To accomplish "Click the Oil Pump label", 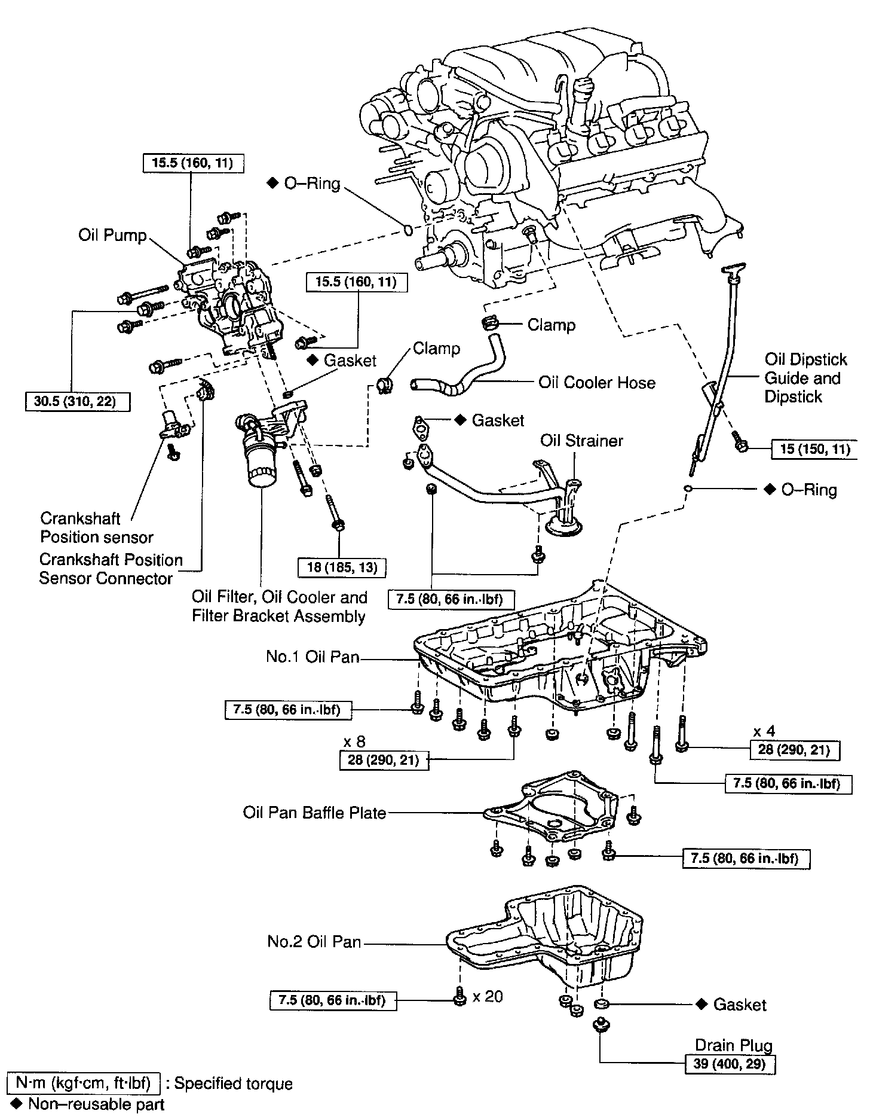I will pyautogui.click(x=112, y=235).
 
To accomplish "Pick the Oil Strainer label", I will pyautogui.click(x=581, y=441).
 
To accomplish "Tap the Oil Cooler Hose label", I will pyautogui.click(x=596, y=383).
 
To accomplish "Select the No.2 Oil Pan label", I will pyautogui.click(x=314, y=942).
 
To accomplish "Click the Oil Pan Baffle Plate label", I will pyautogui.click(x=314, y=813).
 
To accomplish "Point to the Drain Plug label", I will pyautogui.click(x=733, y=1045).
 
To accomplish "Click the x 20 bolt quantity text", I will pyautogui.click(x=488, y=996).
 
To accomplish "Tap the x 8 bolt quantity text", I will pyautogui.click(x=354, y=741).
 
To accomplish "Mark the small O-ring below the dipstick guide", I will pyautogui.click(x=688, y=489).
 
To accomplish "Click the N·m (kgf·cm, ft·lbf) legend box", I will pyautogui.click(x=83, y=1084).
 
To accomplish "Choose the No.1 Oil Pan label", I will pyautogui.click(x=313, y=657).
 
